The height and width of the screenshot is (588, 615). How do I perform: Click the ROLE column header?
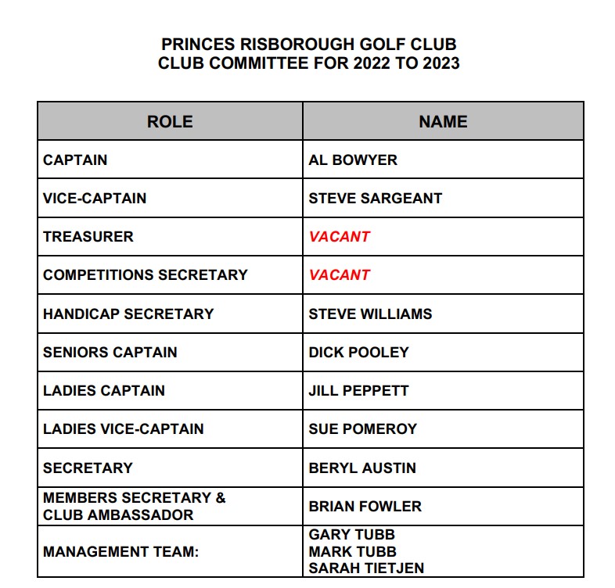170,121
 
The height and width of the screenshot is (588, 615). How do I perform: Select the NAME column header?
443,121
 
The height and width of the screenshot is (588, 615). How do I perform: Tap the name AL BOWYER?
353,160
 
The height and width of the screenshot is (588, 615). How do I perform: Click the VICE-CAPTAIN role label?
95,198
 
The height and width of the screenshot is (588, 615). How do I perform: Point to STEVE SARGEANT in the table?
375,198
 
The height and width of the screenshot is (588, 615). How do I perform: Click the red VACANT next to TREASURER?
340,236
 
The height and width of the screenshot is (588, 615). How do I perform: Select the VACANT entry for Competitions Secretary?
340,274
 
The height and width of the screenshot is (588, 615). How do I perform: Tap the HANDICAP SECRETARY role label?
128,314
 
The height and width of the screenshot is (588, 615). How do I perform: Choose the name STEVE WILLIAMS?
370,314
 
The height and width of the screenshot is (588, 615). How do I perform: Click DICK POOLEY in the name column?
358,352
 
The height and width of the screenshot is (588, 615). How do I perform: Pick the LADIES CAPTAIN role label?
104,390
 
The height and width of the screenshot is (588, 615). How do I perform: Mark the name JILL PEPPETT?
358,390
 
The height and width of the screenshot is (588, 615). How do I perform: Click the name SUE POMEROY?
363,428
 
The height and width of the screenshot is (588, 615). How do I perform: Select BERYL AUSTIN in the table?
362,468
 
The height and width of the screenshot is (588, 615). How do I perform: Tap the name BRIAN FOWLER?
365,506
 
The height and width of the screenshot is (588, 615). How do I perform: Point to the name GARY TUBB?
352,535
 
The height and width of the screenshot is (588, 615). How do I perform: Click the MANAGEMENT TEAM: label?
121,552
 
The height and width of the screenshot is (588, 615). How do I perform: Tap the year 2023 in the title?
440,63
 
